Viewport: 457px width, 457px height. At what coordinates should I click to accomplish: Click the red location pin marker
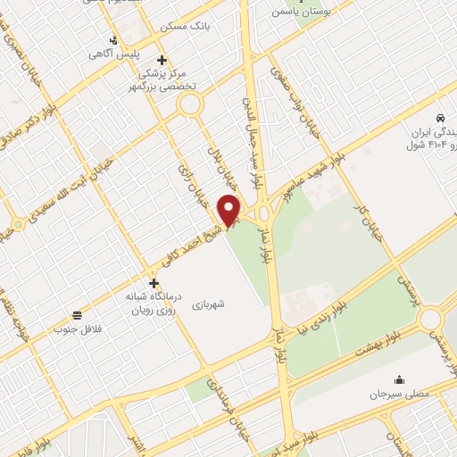tap(230, 210)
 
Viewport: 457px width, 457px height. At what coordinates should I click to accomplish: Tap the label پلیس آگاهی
tap(112, 54)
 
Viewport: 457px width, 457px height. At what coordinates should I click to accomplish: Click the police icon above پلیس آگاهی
tap(113, 39)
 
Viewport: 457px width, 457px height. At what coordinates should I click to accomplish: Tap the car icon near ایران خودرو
tap(440, 118)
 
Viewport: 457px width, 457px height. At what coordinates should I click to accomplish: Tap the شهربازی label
tap(232, 303)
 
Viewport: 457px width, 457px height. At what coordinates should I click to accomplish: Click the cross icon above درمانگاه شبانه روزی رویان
tap(154, 283)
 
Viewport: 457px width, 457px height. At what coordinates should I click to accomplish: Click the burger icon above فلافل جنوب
tap(79, 315)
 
